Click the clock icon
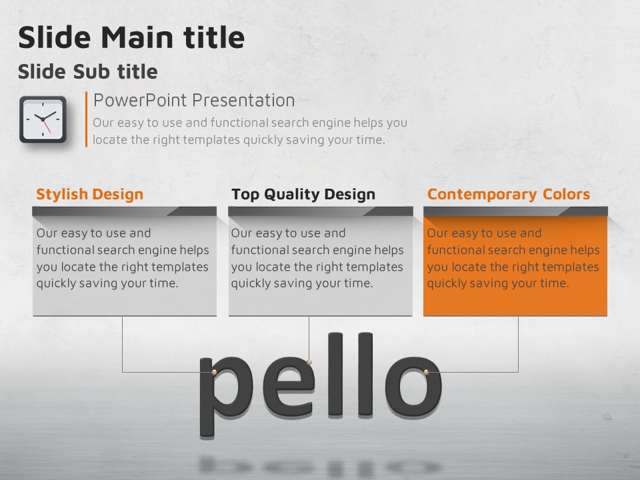43,119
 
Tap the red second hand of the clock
46,126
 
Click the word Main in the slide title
137,37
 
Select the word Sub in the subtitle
92,72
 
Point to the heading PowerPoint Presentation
194,101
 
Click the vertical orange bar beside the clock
86,119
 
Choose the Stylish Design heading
90,194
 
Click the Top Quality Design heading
303,194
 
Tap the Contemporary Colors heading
509,194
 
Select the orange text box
515,265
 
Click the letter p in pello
225,397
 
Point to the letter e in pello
289,386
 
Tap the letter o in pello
413,386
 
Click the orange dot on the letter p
214,372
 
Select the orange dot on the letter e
309,362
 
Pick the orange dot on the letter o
426,372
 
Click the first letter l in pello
335,375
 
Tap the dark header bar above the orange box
515,211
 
